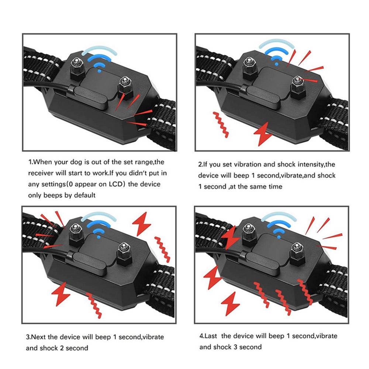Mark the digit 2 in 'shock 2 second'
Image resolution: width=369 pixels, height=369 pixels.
pos(61,348)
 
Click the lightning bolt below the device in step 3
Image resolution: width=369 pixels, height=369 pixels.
pos(61,293)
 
